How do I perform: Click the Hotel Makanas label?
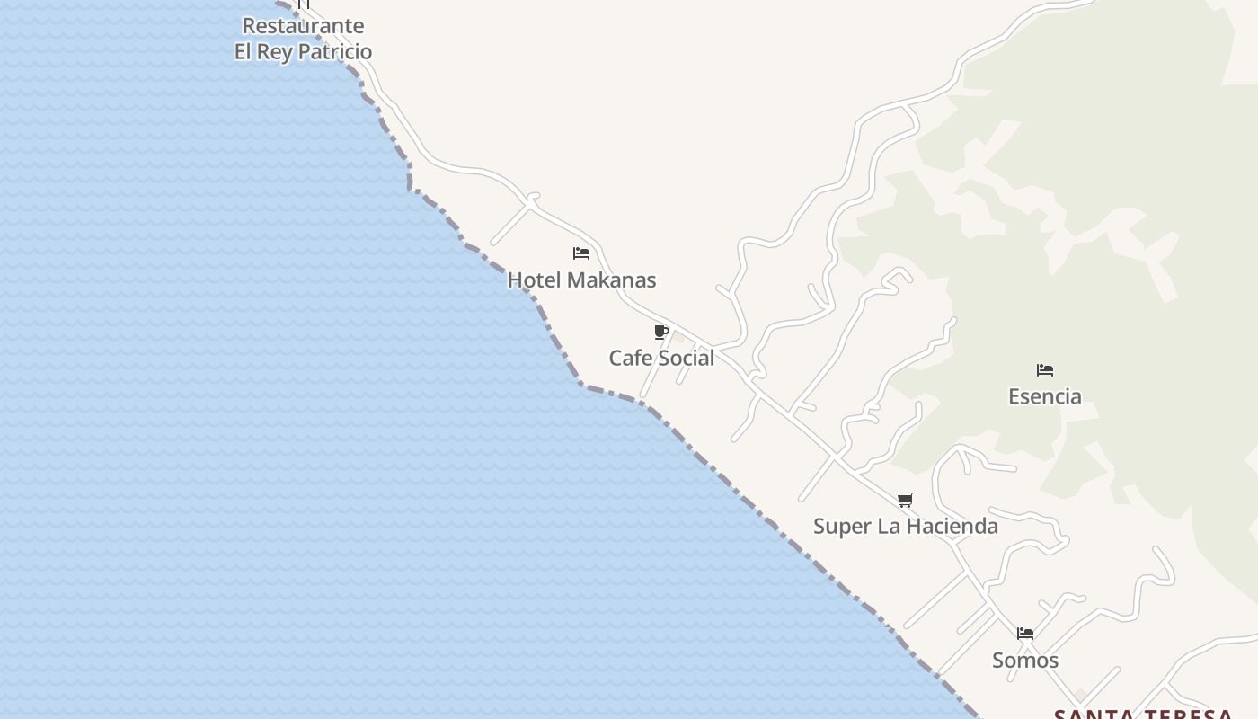point(581,280)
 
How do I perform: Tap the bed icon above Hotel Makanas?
point(581,253)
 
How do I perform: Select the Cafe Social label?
point(661,358)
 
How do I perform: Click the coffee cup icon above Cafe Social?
point(661,333)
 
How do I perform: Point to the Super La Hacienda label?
point(905,526)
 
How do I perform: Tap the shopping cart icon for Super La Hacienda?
point(906,501)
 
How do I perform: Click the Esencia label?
point(1044,396)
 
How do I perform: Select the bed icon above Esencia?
point(1044,370)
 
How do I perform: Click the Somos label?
point(1024,661)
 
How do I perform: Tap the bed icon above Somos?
point(1025,634)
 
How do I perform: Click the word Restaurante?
point(303,26)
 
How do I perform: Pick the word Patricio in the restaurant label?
point(334,51)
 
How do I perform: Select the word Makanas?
point(611,280)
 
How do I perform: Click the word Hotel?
point(534,280)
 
